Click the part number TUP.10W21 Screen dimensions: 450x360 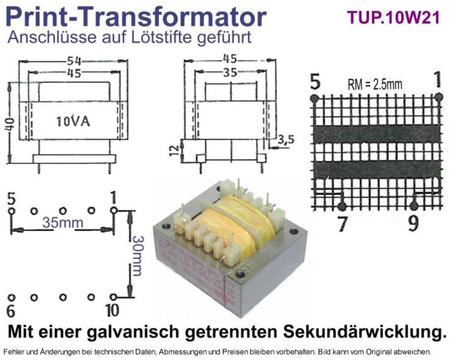coord(393,18)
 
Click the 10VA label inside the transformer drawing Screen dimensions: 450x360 coord(73,121)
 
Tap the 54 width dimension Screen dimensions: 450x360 coord(74,61)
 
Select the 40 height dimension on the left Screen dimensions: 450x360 coord(11,124)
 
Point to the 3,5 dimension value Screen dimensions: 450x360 coord(286,140)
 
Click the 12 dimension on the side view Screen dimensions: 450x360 coord(174,150)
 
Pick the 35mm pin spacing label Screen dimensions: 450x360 coord(63,223)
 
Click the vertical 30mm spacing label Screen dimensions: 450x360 coord(137,256)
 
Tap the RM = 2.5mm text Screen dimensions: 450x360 coord(375,84)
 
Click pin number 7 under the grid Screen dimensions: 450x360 coord(342,224)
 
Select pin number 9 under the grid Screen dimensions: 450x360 coord(413,224)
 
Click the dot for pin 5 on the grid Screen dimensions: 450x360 coord(314,98)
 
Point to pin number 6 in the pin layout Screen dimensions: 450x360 coord(11,311)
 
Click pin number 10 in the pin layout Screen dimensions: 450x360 coord(112,310)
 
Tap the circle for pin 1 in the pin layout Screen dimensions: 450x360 coord(113,211)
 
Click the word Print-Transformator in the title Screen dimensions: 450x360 coord(136,17)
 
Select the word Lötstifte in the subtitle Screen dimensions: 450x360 coord(162,37)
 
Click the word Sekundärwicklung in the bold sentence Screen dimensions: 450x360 coord(365,332)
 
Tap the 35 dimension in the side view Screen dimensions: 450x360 coord(230,73)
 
